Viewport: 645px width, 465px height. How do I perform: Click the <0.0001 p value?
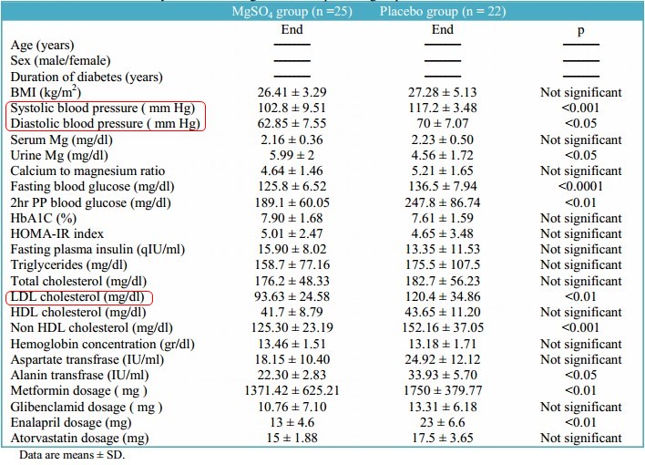coord(581,187)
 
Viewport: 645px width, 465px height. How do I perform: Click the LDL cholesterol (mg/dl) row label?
coord(77,296)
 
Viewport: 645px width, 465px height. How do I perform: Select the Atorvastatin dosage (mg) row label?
coord(81,438)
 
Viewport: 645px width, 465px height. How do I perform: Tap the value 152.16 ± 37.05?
coord(443,327)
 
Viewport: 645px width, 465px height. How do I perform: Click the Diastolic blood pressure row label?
coord(104,123)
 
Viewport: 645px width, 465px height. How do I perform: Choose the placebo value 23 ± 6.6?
coord(443,421)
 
